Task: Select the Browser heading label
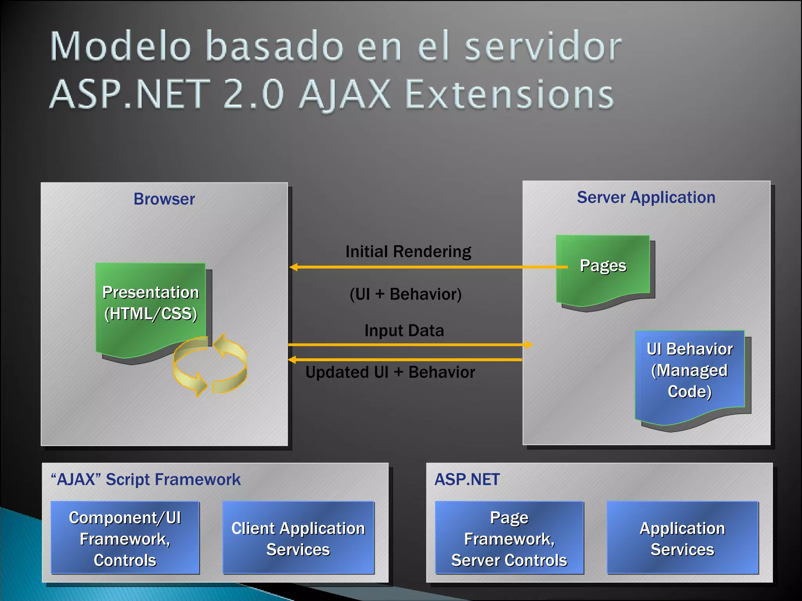click(x=164, y=199)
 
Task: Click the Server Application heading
click(x=646, y=198)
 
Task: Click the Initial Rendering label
click(x=408, y=252)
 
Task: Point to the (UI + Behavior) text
click(x=406, y=294)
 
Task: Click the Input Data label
click(x=404, y=331)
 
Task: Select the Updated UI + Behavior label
click(x=390, y=372)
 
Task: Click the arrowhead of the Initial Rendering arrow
click(x=293, y=267)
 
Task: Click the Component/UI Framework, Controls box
click(x=125, y=538)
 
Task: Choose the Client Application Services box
click(x=298, y=538)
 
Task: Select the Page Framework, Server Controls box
click(x=509, y=538)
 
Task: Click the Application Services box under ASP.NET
click(x=682, y=538)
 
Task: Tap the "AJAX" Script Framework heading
click(x=146, y=480)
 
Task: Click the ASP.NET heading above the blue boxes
click(x=467, y=480)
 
